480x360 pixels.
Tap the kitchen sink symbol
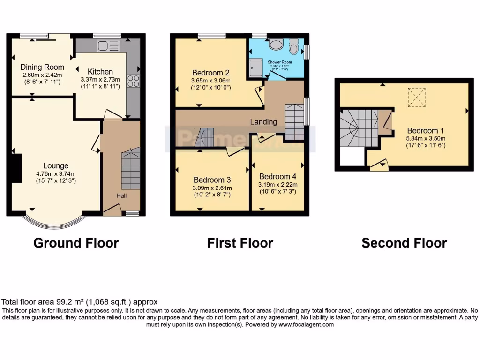(x=108, y=46)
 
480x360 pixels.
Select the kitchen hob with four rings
(x=133, y=81)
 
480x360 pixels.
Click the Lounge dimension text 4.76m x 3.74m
(x=56, y=173)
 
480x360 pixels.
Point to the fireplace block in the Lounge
(x=17, y=168)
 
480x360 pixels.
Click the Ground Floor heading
(x=76, y=243)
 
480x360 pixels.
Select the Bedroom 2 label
(x=210, y=73)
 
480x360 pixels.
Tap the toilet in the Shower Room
(x=294, y=47)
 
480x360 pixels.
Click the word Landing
(x=263, y=121)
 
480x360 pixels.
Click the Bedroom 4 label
(x=277, y=176)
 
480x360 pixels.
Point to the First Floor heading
(x=240, y=243)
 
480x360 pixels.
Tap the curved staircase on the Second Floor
(x=358, y=127)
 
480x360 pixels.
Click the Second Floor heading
(x=404, y=243)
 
